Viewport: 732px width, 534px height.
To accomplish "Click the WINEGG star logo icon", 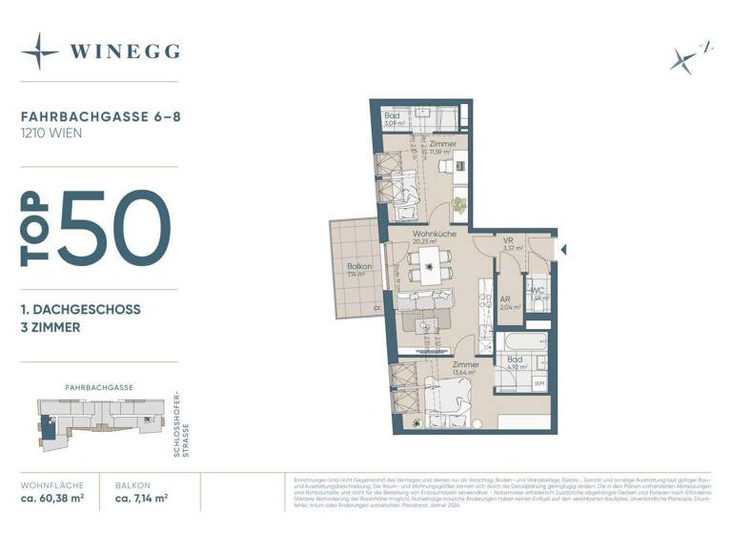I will [39, 51].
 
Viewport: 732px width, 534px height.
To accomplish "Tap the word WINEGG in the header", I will [124, 51].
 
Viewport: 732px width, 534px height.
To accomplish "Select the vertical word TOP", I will [36, 228].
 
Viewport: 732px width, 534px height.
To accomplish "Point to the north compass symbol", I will [685, 58].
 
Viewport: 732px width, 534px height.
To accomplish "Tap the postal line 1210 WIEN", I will [51, 133].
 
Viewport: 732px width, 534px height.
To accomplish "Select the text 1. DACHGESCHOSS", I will [80, 310].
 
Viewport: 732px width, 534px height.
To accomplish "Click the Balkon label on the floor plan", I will [358, 267].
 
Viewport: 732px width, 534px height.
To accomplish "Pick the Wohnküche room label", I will [434, 234].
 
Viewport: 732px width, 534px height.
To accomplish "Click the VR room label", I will [509, 241].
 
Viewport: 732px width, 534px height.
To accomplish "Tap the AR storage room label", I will [506, 298].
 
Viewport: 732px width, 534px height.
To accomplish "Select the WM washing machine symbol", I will [540, 383].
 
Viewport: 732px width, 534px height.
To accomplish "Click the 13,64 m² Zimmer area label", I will [466, 373].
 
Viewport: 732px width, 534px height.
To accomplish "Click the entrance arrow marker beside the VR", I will [562, 250].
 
